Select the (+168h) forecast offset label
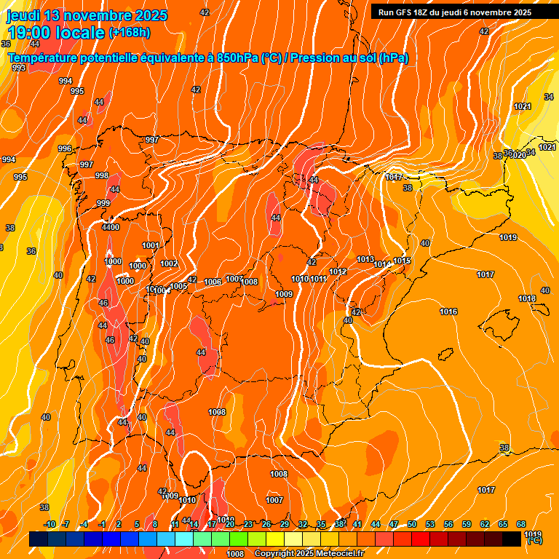130,33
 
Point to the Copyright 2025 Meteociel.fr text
308,554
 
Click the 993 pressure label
19,68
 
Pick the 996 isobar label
65,148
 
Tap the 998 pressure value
102,175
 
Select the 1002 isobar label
169,263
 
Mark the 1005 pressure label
179,286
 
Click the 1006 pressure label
213,282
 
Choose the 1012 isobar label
338,271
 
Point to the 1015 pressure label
403,261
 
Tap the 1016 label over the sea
448,312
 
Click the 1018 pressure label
527,298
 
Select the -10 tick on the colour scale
49,524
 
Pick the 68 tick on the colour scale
521,524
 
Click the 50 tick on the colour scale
412,524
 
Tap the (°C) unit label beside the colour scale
534,541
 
